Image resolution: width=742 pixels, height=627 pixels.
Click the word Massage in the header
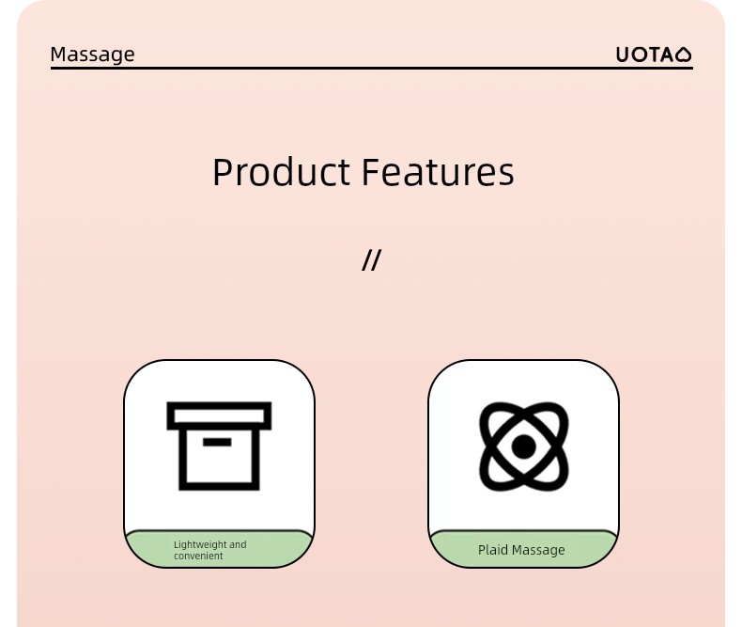click(x=92, y=55)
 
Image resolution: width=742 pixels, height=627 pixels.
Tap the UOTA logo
click(x=654, y=55)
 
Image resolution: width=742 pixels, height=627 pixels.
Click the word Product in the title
click(x=281, y=172)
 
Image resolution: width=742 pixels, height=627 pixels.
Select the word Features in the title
click(x=438, y=172)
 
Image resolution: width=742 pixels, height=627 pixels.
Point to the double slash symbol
click(x=371, y=260)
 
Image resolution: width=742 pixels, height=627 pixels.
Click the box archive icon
click(x=219, y=447)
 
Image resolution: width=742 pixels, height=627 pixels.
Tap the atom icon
click(x=524, y=447)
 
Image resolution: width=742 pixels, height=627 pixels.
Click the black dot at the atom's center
click(x=523, y=447)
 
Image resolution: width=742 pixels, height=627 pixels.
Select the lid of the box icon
click(x=219, y=415)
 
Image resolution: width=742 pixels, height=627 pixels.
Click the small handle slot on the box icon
click(x=217, y=443)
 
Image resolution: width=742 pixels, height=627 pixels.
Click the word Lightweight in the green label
click(x=200, y=545)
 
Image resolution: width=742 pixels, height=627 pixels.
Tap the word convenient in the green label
click(x=198, y=556)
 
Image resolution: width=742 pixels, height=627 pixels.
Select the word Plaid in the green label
click(x=492, y=550)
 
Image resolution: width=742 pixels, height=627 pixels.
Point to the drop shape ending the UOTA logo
click(x=684, y=55)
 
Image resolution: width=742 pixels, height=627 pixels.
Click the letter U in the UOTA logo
click(x=623, y=55)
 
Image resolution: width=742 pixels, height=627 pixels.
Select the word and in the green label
click(x=238, y=544)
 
